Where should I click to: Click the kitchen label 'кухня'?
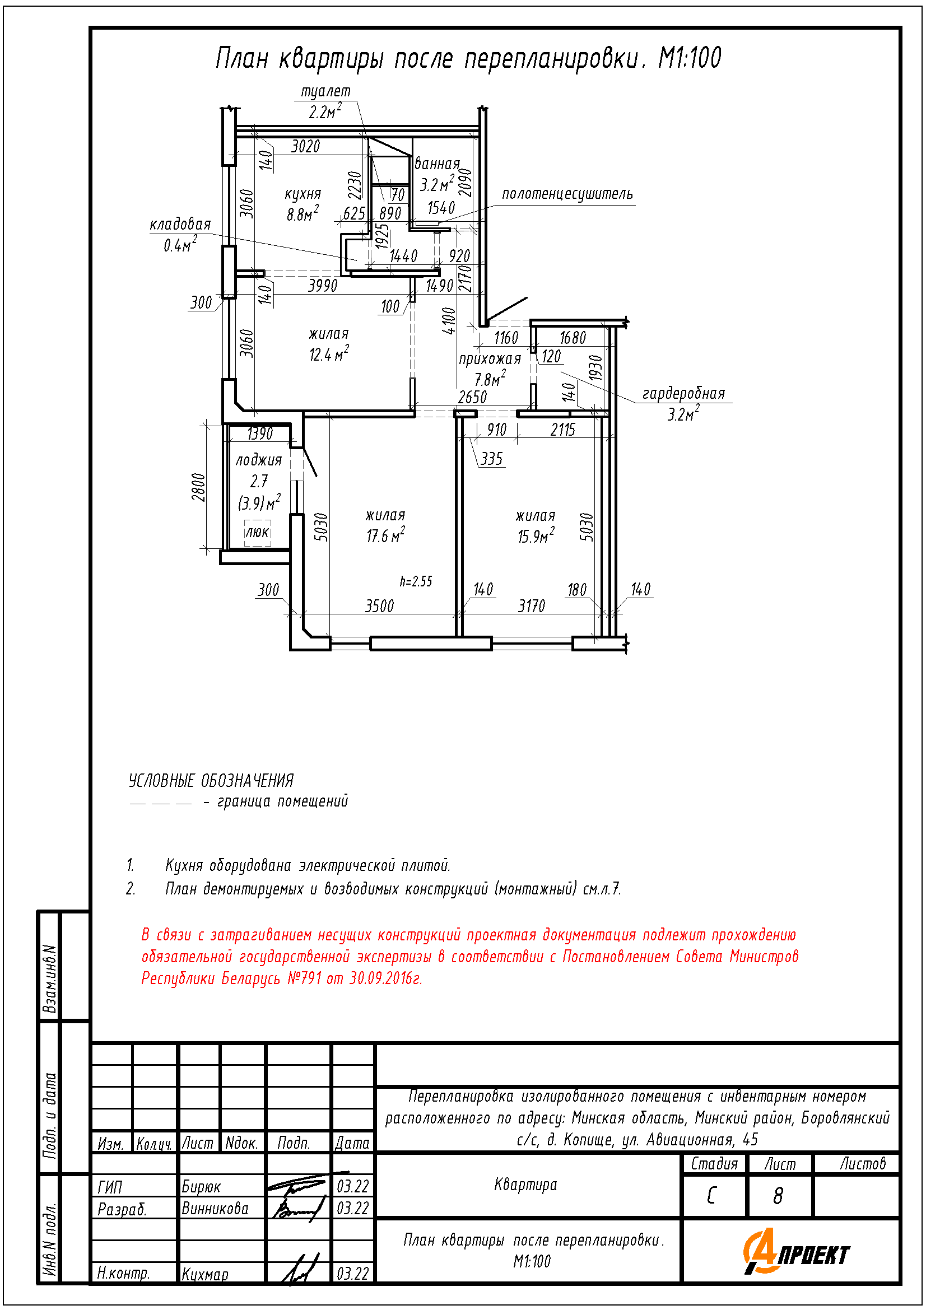[x=303, y=194]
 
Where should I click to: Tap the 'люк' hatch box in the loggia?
[x=257, y=532]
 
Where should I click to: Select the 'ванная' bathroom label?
[x=436, y=164]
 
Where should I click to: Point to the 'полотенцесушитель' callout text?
[x=567, y=194]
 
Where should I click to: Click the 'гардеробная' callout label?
[x=683, y=393]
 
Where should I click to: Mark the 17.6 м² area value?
[x=385, y=536]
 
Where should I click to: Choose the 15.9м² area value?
[x=535, y=537]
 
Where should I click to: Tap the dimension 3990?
[x=323, y=285]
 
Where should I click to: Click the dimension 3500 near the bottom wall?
[x=379, y=606]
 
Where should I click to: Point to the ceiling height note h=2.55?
[x=416, y=581]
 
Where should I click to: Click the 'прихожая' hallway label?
[x=490, y=359]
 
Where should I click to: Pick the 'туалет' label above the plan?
[x=326, y=91]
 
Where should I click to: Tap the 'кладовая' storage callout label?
[x=180, y=224]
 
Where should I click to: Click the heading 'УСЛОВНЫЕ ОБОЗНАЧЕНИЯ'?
[x=211, y=781]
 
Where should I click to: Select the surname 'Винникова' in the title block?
[x=215, y=1209]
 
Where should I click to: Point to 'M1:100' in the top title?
[x=690, y=58]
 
